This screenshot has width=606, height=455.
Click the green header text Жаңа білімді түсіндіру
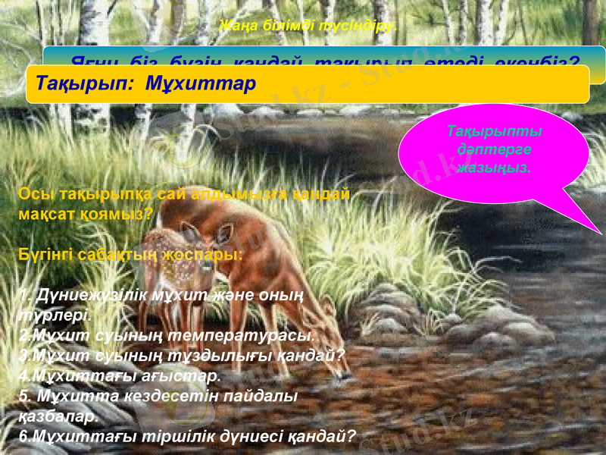(307, 27)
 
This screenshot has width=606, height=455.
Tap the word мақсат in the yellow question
(45, 213)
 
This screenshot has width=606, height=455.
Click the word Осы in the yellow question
(33, 193)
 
